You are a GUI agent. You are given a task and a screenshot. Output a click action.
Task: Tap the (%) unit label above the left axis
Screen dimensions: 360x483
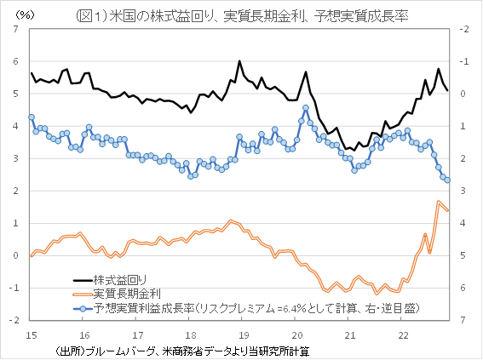[26, 14]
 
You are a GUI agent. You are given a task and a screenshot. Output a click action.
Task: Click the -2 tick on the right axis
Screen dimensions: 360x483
[465, 30]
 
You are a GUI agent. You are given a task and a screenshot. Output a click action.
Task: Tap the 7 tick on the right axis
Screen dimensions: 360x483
[464, 320]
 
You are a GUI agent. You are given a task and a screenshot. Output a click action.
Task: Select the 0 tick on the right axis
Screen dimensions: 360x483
[464, 94]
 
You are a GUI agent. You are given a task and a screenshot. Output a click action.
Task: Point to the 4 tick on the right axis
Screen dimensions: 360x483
[464, 223]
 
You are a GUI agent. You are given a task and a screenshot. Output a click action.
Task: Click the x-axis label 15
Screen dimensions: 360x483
[31, 334]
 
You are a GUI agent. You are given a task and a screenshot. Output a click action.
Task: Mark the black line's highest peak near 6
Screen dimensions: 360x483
[239, 61]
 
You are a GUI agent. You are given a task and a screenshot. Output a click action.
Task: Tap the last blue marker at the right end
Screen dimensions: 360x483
[447, 180]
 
